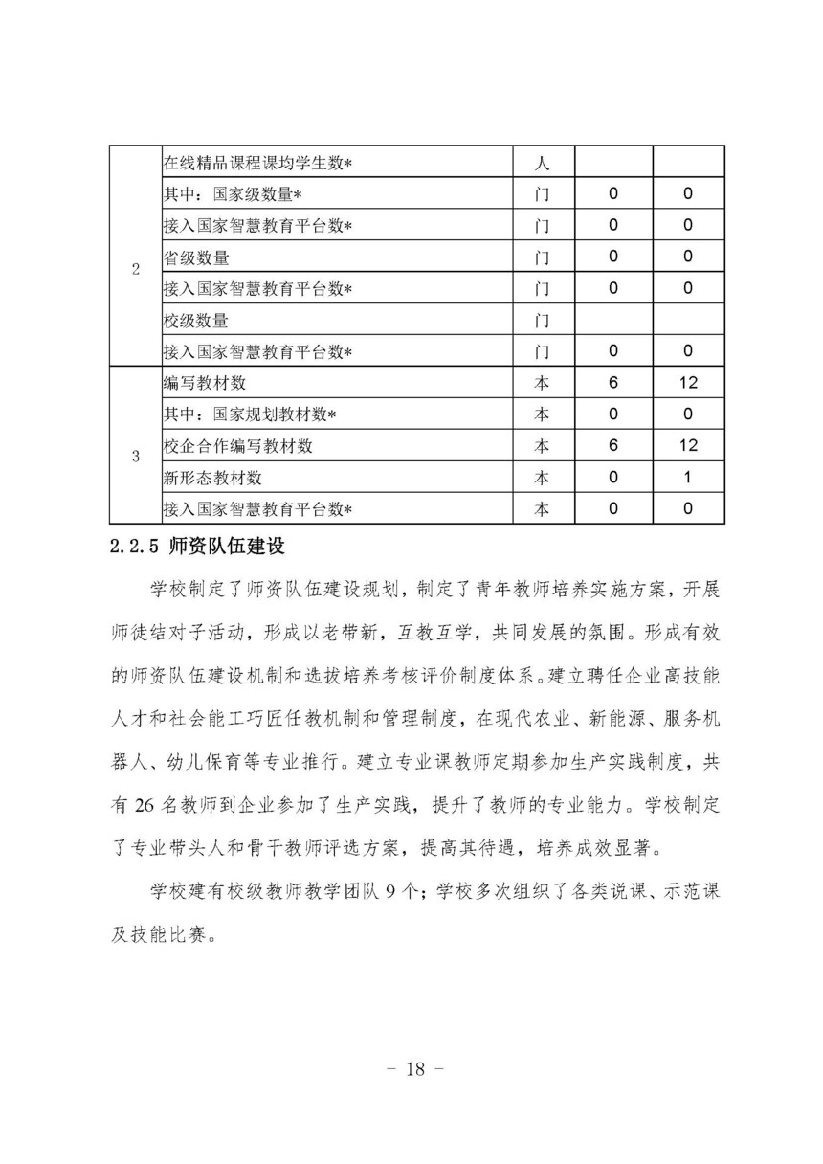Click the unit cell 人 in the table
coord(541,164)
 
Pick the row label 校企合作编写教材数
coord(238,446)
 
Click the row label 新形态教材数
coord(212,478)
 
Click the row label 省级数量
coord(195,257)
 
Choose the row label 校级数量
coord(195,320)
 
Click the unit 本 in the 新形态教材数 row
coord(541,478)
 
